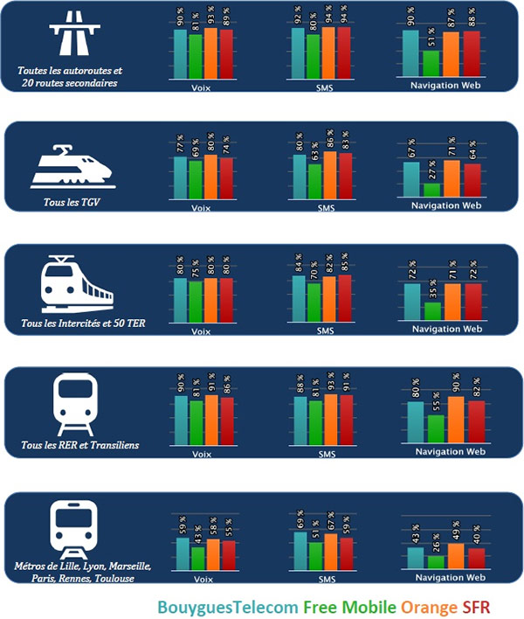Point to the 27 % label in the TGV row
pyautogui.click(x=431, y=170)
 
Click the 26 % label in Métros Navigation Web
pyautogui.click(x=431, y=543)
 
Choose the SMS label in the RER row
pyautogui.click(x=327, y=455)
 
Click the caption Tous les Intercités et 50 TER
pyautogui.click(x=79, y=323)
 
